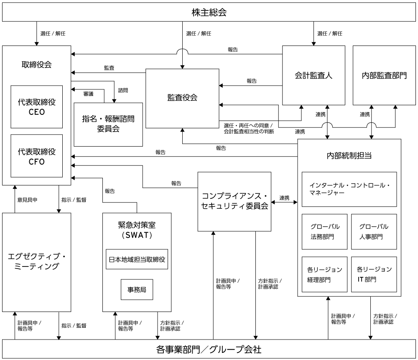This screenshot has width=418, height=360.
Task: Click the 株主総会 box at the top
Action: coord(209,12)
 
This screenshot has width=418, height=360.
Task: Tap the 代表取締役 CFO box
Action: coord(37,156)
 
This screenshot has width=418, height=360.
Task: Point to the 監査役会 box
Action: coord(182,98)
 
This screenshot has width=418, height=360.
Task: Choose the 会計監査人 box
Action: coord(313,75)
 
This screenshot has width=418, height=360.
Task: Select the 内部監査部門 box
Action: coord(384,75)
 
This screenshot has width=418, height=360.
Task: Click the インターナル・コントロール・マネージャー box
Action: coord(349,189)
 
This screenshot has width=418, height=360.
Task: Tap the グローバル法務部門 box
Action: coord(324,231)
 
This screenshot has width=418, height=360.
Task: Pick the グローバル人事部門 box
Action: coord(374,231)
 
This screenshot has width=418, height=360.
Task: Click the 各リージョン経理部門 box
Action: coord(324,274)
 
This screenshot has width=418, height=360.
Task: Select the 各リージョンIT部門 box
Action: coord(374,274)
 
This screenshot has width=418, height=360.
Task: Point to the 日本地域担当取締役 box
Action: coord(137,260)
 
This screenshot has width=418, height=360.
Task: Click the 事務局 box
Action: coord(137,289)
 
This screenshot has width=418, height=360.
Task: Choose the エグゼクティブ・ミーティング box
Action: coord(37,261)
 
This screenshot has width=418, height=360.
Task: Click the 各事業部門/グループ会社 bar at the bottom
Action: coord(209,349)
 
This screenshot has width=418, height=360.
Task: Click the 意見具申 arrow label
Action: coord(27,200)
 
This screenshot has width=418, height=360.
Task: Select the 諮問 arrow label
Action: coord(123,90)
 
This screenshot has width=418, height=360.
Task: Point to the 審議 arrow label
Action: coord(88,94)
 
